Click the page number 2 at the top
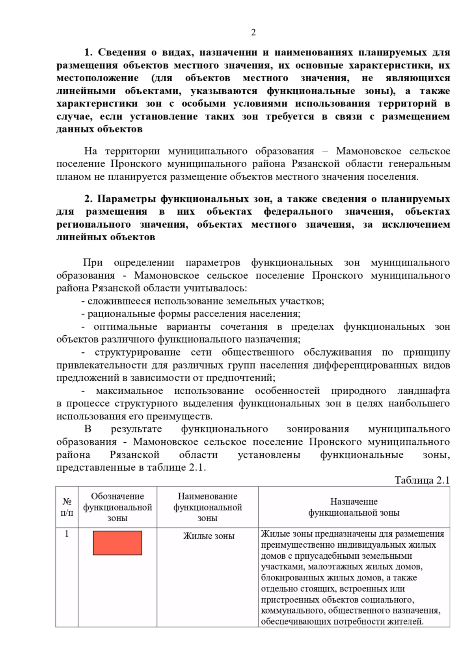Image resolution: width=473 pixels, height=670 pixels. click(253, 32)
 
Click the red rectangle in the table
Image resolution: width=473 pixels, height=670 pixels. click(117, 543)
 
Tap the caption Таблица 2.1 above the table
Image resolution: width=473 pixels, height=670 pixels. click(422, 480)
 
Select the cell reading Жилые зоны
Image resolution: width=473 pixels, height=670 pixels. click(209, 536)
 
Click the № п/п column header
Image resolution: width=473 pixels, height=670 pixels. click(67, 507)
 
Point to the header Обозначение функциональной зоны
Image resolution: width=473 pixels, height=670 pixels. click(117, 507)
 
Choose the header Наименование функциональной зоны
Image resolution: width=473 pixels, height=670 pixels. click(208, 507)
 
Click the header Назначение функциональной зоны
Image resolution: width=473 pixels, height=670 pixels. click(354, 507)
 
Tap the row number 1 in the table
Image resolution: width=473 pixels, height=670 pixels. click(67, 534)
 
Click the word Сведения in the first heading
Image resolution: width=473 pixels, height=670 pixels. click(123, 52)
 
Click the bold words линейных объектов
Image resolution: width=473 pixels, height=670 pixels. click(106, 237)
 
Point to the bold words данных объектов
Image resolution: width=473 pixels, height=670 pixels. click(99, 129)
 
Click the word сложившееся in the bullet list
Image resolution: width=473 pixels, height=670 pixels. click(119, 301)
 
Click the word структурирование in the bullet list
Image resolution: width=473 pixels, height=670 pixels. click(138, 352)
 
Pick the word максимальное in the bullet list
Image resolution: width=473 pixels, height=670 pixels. click(129, 391)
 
